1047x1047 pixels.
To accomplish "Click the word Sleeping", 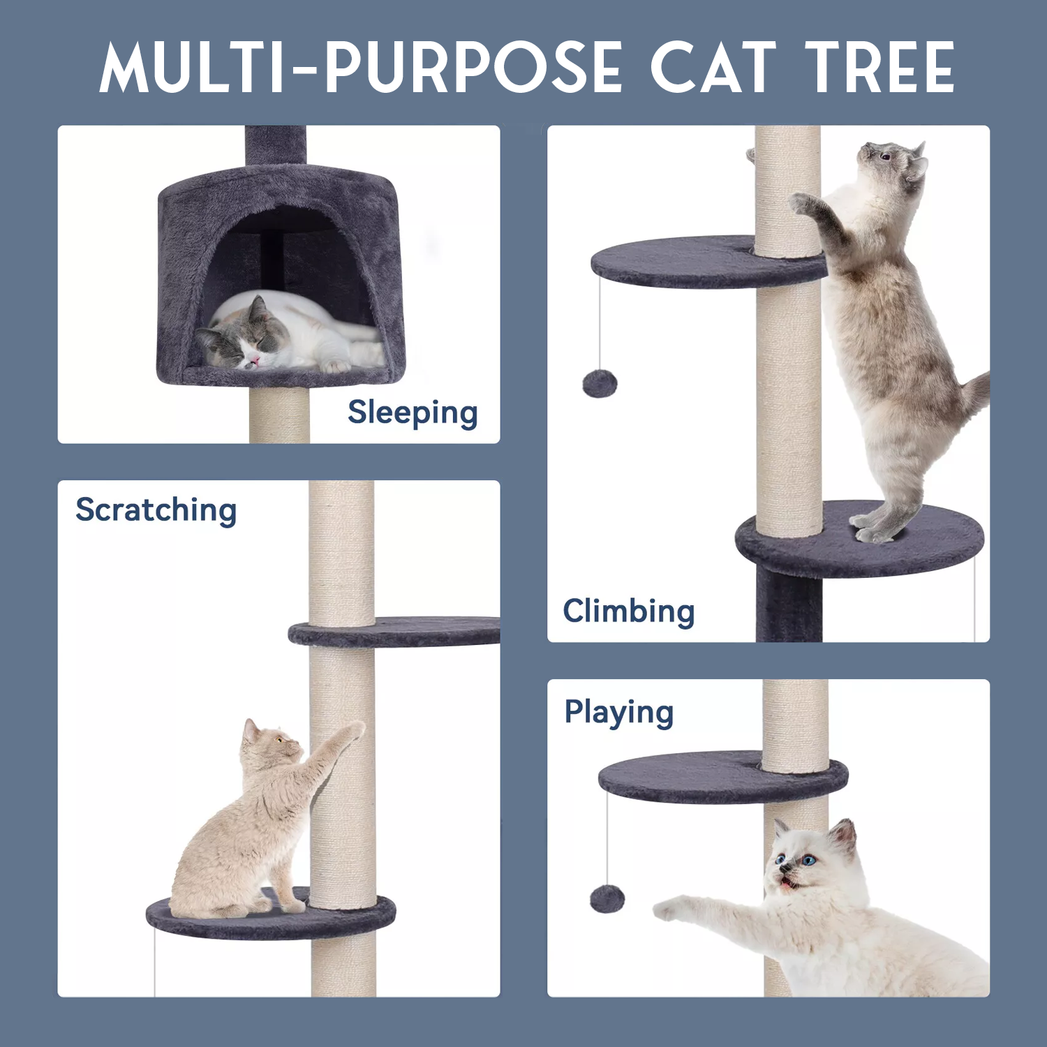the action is point(413,413).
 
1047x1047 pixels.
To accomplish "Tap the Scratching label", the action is point(156,510).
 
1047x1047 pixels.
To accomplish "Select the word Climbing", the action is point(629,611).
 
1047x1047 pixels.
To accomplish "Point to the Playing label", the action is point(619,713).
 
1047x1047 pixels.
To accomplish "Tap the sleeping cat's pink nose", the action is point(255,360).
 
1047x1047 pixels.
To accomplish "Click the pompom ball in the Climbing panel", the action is point(600,384).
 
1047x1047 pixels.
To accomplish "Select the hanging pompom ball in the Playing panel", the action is point(607,899).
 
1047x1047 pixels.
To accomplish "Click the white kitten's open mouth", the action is point(787,883).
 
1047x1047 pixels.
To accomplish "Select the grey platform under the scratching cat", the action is point(271,916).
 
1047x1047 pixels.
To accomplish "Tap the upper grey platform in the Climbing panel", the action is point(705,262).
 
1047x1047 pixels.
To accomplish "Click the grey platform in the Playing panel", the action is point(722,778).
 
